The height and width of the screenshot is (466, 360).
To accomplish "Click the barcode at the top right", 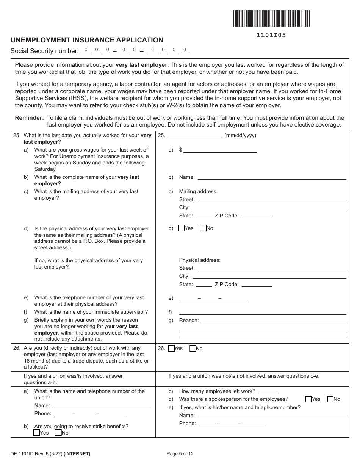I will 271,18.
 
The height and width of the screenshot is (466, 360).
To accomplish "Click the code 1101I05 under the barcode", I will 271,35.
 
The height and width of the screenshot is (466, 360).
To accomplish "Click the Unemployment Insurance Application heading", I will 87,40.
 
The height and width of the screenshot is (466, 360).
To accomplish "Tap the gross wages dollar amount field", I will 220,150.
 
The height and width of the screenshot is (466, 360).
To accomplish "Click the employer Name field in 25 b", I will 272,177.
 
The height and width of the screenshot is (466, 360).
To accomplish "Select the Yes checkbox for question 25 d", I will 182,228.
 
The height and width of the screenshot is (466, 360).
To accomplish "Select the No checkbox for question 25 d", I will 203,228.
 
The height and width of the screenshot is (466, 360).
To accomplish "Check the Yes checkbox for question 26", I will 171,348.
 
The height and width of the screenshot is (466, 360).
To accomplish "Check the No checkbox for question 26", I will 193,348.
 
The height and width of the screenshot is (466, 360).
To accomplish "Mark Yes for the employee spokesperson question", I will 308,399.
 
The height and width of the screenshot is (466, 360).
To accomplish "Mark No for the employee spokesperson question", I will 330,399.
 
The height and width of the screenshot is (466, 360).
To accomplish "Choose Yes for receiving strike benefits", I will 37,433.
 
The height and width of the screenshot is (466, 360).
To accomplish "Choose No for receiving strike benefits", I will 58,433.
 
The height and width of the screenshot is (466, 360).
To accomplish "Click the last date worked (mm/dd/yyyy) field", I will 195,136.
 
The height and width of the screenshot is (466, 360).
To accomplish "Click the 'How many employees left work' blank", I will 268,391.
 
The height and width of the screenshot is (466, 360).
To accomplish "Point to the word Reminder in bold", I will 29,118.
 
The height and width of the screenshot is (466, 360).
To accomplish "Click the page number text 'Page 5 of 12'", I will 180,453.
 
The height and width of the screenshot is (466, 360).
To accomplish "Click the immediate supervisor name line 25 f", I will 262,312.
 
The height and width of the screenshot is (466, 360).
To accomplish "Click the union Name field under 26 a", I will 101,405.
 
